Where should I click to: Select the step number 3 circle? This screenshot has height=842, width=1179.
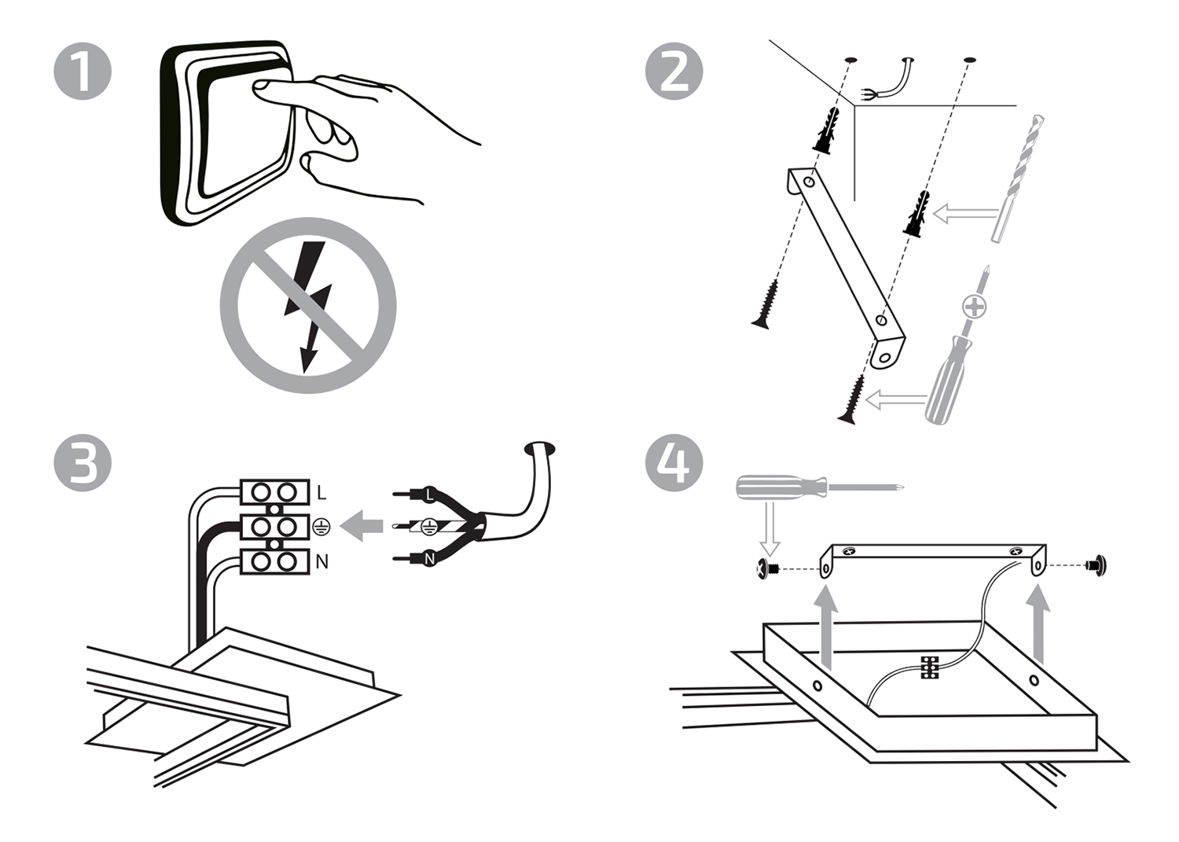[83, 463]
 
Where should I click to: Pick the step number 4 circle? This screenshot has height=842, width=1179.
[674, 463]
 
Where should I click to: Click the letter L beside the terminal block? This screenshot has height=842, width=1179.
[321, 493]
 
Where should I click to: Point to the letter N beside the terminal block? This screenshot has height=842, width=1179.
[321, 562]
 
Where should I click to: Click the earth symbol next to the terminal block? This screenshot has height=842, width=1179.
[321, 528]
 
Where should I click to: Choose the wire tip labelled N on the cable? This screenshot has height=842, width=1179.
[428, 559]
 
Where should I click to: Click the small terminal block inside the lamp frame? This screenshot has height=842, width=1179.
[930, 667]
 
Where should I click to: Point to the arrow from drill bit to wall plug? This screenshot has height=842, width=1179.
[963, 213]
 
